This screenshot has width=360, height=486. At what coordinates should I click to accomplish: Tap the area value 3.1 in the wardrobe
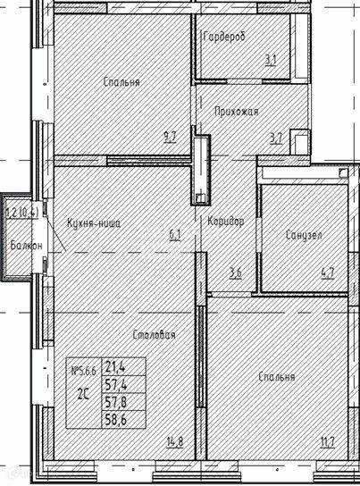coord(269,62)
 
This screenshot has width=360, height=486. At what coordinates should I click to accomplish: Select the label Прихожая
coord(237,112)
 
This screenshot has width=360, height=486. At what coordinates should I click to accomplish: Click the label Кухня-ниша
coord(93,223)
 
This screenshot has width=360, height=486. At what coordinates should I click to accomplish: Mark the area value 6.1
coord(175,236)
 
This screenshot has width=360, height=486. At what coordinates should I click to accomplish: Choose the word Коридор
coord(225,222)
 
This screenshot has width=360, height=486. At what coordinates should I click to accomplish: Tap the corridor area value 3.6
coord(235,273)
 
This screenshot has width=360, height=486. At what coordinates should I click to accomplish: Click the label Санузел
coord(304,236)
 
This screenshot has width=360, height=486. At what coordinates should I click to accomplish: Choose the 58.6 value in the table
coord(114,416)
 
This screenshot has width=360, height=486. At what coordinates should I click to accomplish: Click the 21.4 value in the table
coord(114,366)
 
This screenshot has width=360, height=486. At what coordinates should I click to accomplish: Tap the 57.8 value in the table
coord(114,399)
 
